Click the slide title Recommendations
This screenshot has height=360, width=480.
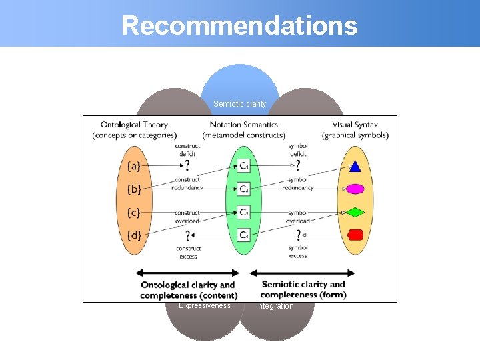click(x=239, y=25)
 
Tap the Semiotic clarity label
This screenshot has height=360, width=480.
click(x=239, y=104)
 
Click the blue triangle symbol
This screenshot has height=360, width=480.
click(x=355, y=166)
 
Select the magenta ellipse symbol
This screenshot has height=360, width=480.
click(x=355, y=189)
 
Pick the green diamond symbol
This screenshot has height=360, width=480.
click(x=355, y=213)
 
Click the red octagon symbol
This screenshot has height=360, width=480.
click(x=355, y=235)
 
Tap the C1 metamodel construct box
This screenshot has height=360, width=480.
click(x=245, y=165)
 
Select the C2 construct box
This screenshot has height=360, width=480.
click(x=245, y=189)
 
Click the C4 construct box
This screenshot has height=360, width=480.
click(x=245, y=235)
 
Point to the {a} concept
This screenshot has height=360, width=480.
click(x=134, y=165)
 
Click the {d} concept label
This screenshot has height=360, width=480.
click(x=134, y=235)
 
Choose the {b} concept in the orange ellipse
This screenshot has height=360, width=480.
click(x=134, y=189)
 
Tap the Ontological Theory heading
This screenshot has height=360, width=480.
click(x=134, y=124)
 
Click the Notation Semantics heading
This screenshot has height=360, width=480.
click(x=243, y=124)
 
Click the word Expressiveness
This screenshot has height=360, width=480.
click(x=205, y=305)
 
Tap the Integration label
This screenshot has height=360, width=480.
click(x=275, y=306)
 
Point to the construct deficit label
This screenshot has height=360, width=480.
click(x=187, y=150)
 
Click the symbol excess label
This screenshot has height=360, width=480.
click(x=298, y=251)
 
